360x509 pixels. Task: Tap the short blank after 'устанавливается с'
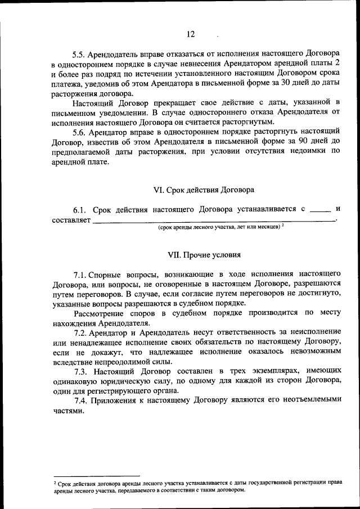[x=321, y=209]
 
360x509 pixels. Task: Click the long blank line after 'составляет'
[x=214, y=222]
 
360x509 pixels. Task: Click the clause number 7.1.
[x=81, y=274]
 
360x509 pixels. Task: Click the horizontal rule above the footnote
[x=96, y=476]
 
